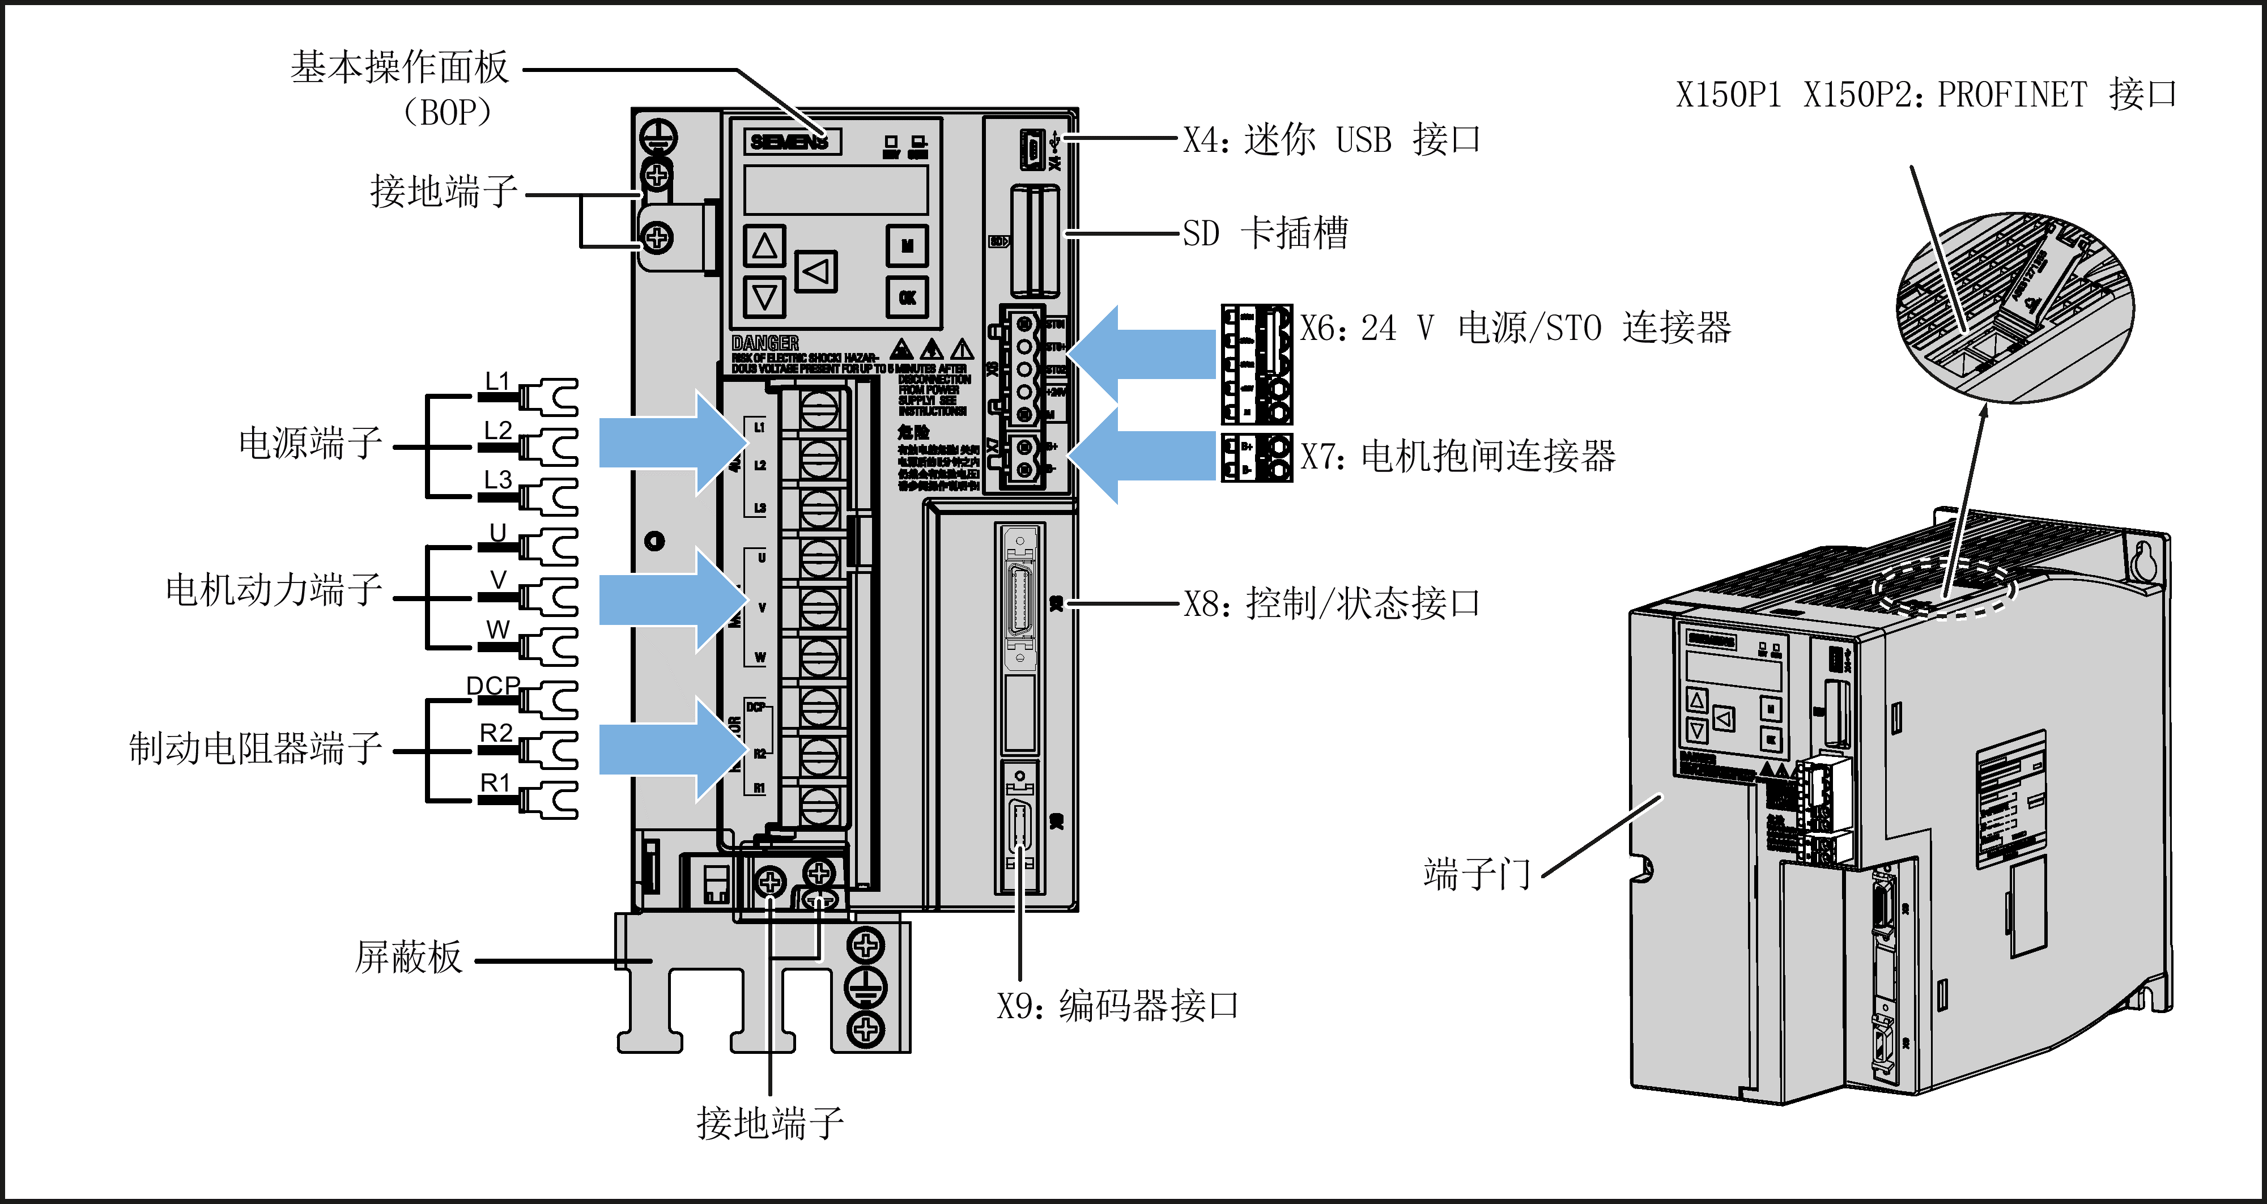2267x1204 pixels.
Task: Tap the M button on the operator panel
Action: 907,245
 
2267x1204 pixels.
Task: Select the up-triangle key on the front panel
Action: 764,245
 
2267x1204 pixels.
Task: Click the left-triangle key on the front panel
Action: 816,271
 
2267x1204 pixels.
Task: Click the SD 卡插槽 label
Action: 1265,233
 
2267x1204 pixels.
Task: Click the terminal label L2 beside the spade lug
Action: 498,431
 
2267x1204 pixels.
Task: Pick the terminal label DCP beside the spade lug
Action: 493,686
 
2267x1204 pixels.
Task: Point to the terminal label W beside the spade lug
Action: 497,630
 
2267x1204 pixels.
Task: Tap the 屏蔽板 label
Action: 409,958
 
